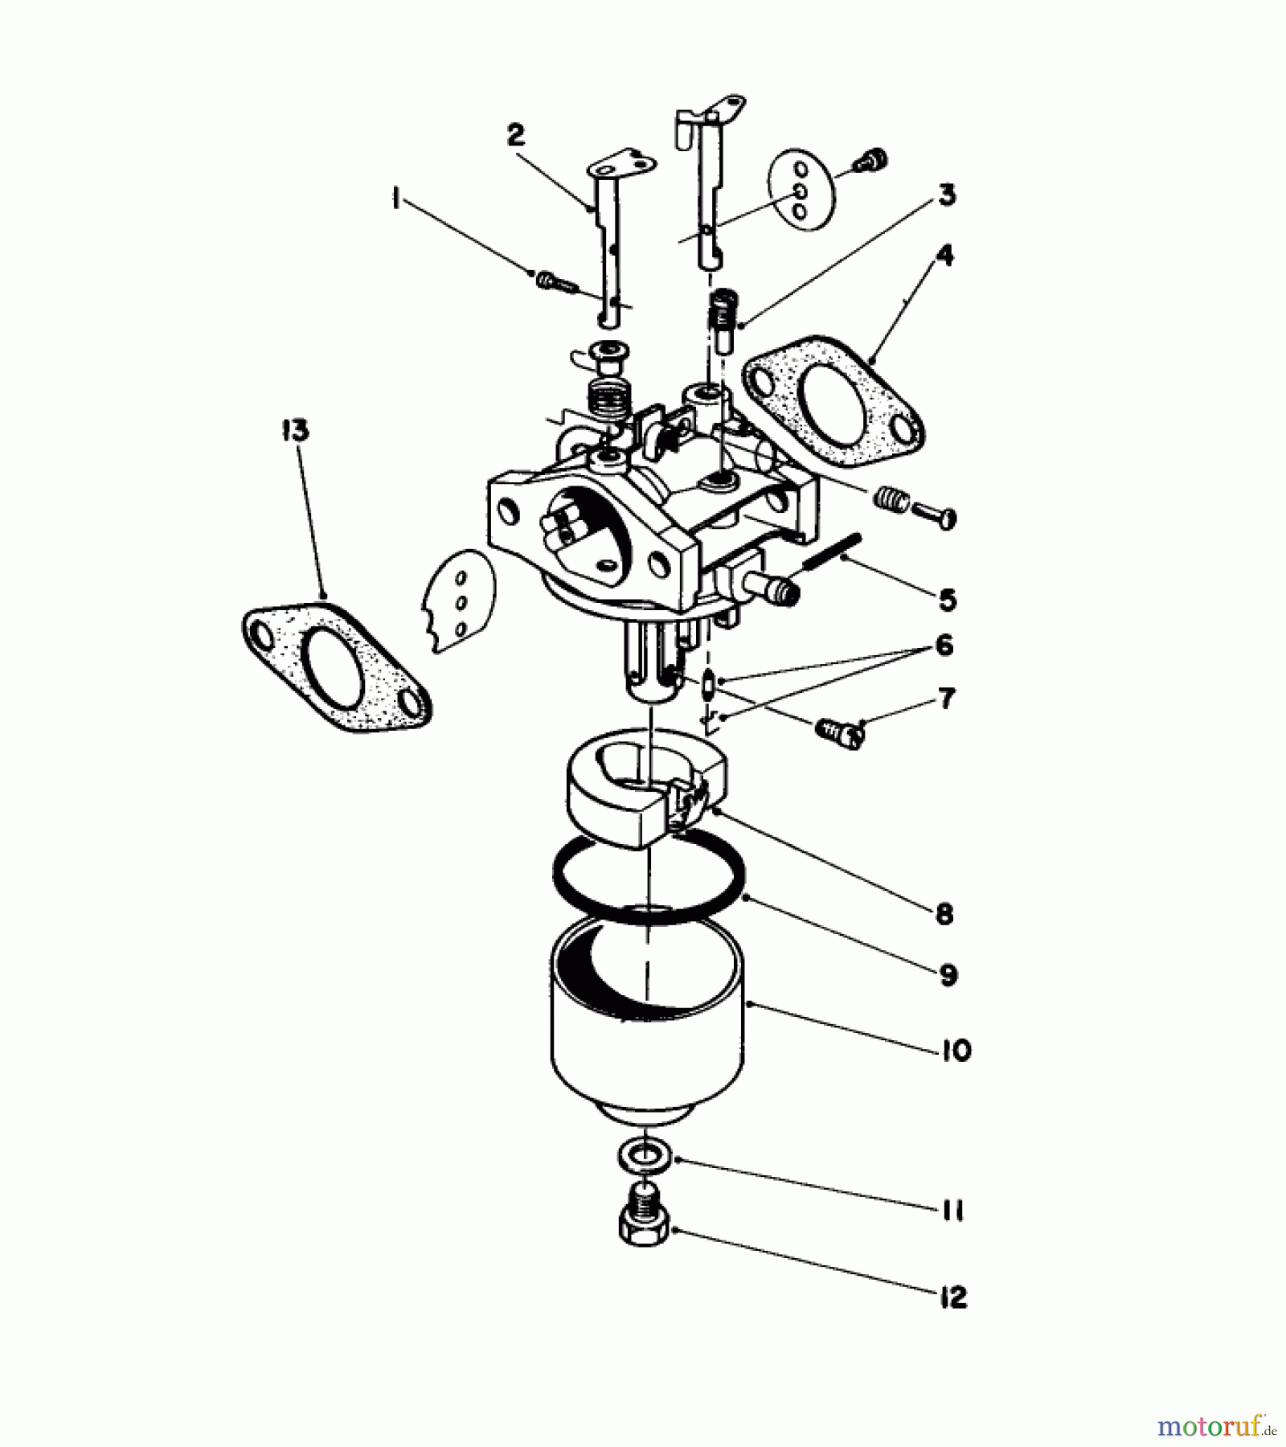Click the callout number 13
(295, 430)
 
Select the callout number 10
(956, 1050)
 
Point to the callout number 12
(953, 1297)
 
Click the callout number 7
(947, 698)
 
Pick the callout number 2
(515, 133)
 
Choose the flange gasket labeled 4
(834, 402)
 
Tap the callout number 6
(944, 645)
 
